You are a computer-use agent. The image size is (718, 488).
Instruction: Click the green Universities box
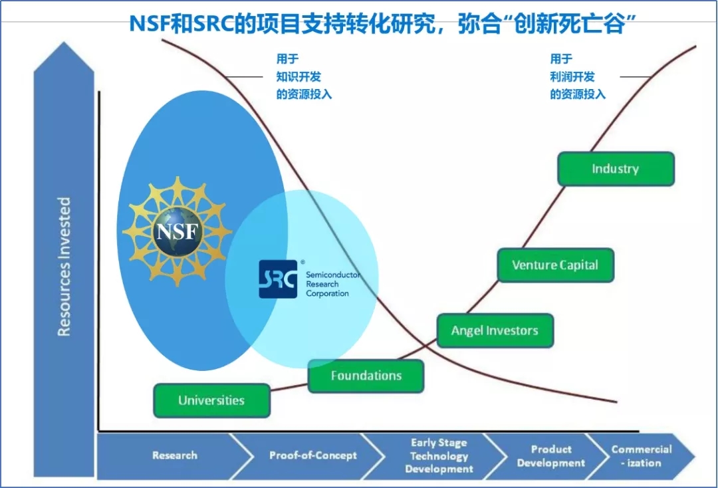tap(211, 400)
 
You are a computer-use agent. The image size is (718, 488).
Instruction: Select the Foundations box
tap(366, 376)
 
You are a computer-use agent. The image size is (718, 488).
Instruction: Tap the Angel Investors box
tap(495, 330)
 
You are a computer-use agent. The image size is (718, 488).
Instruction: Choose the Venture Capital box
tap(555, 265)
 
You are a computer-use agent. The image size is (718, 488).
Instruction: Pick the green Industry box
tap(615, 169)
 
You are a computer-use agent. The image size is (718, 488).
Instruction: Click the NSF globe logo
tap(178, 231)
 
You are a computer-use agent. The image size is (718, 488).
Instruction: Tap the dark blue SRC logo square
tap(278, 279)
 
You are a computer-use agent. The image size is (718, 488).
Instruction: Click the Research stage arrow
tap(174, 455)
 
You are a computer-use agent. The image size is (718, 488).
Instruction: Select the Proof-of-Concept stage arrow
tap(312, 455)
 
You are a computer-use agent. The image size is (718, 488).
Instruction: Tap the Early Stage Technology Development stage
tap(439, 455)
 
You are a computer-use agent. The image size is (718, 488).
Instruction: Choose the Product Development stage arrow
tap(551, 455)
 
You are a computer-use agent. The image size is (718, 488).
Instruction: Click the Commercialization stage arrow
tap(641, 455)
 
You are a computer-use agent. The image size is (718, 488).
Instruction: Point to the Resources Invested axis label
tap(64, 266)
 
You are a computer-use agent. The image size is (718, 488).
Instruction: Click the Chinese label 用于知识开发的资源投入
tap(303, 77)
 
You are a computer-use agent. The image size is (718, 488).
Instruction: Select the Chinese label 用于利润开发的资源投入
tap(577, 77)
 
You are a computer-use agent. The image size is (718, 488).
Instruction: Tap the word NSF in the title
tap(152, 24)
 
